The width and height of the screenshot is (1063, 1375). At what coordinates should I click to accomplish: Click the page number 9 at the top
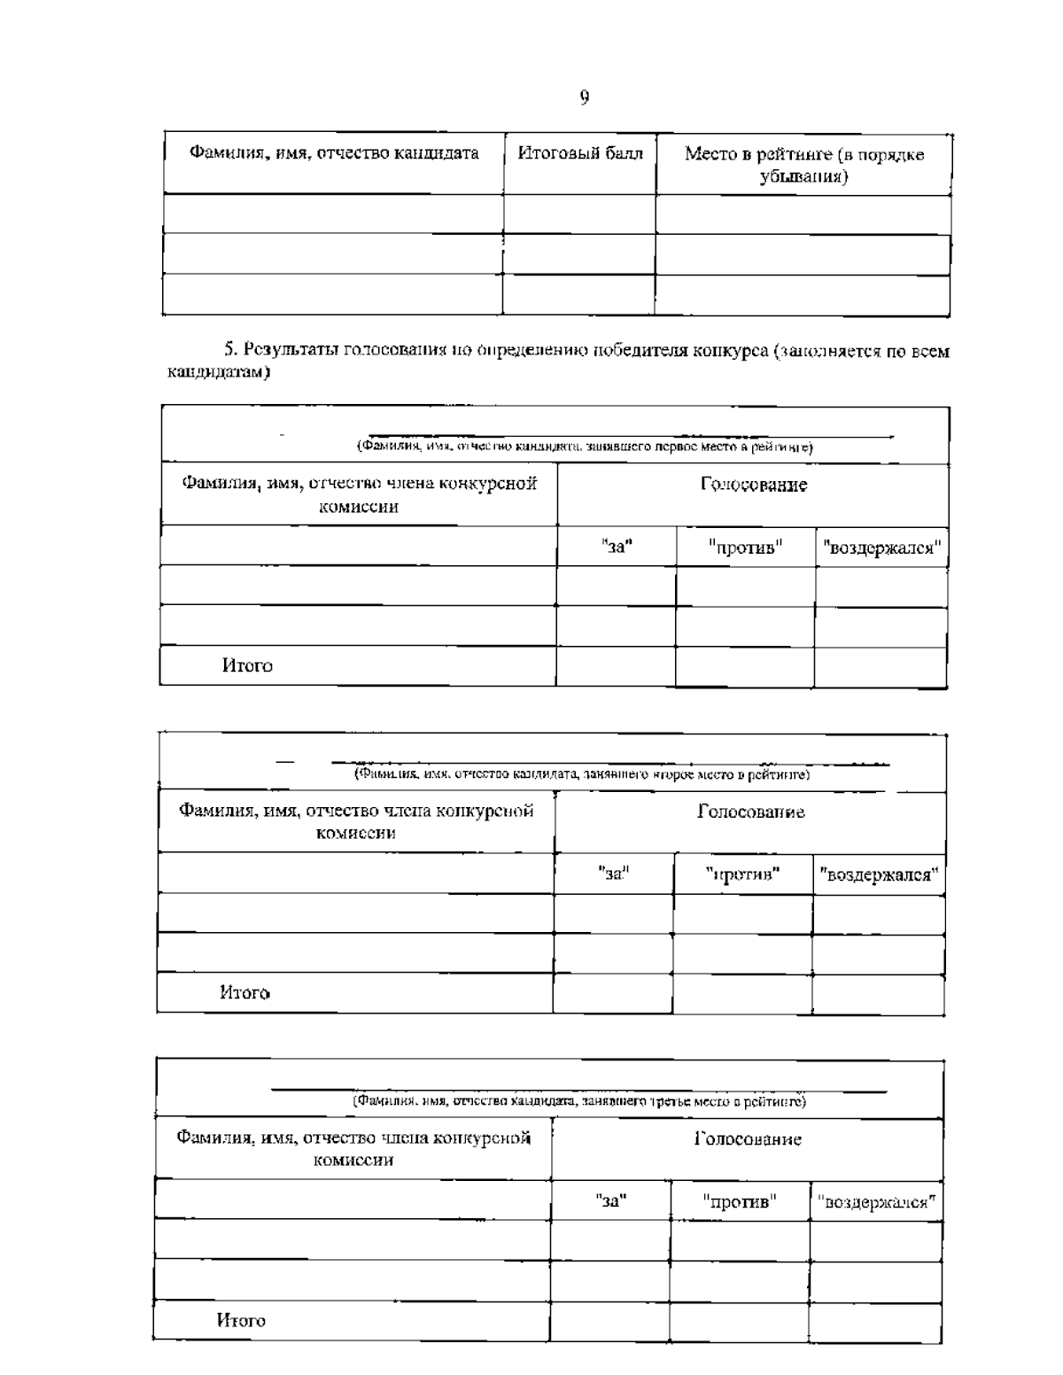click(585, 97)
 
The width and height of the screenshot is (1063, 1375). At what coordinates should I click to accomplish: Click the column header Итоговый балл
click(580, 153)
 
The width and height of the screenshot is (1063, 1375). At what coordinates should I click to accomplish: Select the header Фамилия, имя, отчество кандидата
click(334, 153)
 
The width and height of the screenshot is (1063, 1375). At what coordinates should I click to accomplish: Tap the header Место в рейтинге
click(803, 165)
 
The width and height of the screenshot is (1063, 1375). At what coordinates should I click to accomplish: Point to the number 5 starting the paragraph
click(228, 351)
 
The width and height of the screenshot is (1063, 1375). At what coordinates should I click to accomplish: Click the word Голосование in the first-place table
click(753, 486)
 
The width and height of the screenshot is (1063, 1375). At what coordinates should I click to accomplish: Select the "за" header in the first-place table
click(617, 547)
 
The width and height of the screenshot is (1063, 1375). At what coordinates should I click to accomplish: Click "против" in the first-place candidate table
click(745, 548)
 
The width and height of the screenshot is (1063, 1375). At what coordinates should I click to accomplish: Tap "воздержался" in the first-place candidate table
click(881, 548)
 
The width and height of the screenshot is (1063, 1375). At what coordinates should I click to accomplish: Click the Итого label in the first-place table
click(247, 665)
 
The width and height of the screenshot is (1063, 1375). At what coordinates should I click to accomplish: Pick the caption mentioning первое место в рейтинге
click(585, 447)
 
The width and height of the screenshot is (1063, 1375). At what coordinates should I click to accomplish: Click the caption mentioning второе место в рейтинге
click(582, 774)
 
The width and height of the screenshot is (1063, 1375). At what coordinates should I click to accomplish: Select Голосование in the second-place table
click(750, 812)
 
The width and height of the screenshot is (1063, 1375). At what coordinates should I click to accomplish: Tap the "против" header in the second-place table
click(742, 875)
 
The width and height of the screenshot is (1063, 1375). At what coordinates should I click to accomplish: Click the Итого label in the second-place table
click(244, 992)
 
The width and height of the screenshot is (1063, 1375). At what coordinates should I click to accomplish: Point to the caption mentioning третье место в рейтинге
click(579, 1101)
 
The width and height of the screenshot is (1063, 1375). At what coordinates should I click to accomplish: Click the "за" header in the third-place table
click(610, 1201)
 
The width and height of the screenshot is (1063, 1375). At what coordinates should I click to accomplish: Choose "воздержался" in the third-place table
click(875, 1202)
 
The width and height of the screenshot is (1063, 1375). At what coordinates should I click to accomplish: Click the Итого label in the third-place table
click(241, 1320)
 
